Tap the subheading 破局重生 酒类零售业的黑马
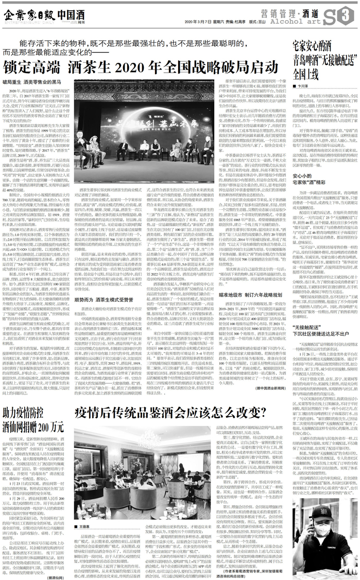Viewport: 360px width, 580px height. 32,81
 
